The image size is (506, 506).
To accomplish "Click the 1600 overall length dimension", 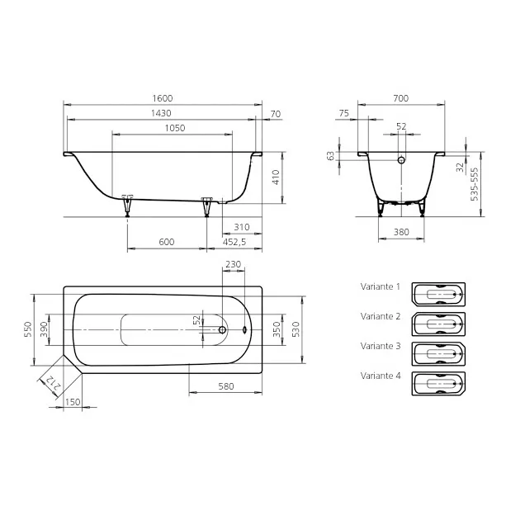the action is (x=163, y=98).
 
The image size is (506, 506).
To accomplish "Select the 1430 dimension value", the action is (x=161, y=113).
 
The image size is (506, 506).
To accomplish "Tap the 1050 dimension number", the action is (x=175, y=128).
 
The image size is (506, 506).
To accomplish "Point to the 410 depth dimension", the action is (x=276, y=177).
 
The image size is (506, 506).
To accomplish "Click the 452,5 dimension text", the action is (x=234, y=242).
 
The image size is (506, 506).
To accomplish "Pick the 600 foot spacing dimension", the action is (x=167, y=242).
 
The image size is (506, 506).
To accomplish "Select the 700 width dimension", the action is (x=401, y=98).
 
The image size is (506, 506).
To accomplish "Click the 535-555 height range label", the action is (x=475, y=184).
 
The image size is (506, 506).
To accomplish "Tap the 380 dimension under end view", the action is (x=401, y=232).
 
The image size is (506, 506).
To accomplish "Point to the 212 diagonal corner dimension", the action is (x=53, y=383).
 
